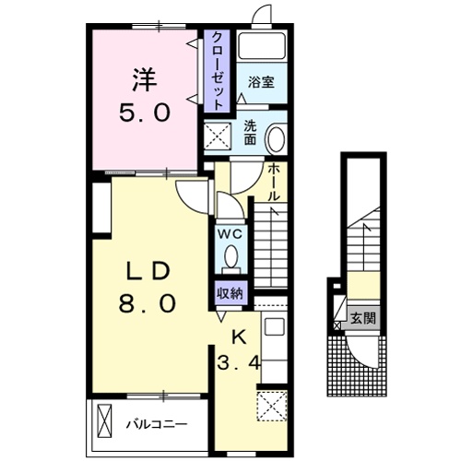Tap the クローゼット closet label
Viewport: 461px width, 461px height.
click(x=217, y=71)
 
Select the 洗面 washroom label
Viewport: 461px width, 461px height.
click(x=251, y=134)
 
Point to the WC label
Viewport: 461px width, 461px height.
click(x=229, y=233)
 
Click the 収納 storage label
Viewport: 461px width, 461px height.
click(x=230, y=294)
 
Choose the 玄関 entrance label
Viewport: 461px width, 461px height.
click(x=363, y=319)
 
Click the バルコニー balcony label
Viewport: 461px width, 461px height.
click(x=157, y=425)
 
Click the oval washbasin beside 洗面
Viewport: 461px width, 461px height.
click(x=275, y=139)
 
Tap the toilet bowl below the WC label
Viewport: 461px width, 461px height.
click(x=230, y=256)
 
